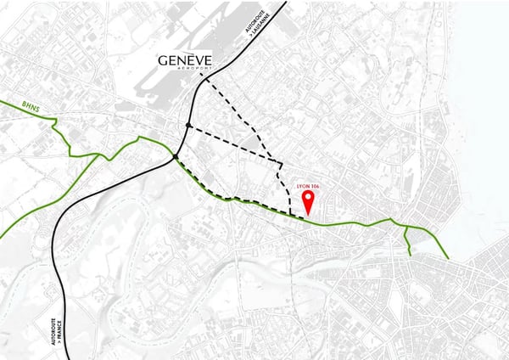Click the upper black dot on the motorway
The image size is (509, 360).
pyautogui.click(x=187, y=127)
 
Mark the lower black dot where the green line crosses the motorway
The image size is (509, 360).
pyautogui.click(x=176, y=157)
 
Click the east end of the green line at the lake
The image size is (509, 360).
pyautogui.click(x=449, y=257)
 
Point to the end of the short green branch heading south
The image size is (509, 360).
pyautogui.click(x=411, y=254)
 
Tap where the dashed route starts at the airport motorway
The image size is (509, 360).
pyautogui.click(x=201, y=76)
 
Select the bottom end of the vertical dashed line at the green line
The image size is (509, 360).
pyautogui.click(x=291, y=215)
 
